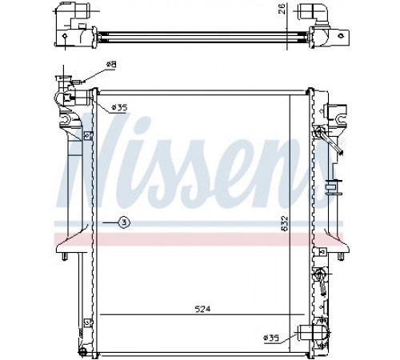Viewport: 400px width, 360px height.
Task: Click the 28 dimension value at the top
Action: (x=283, y=9)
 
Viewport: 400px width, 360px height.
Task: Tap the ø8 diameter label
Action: (x=111, y=65)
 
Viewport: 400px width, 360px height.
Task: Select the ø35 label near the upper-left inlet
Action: (x=119, y=107)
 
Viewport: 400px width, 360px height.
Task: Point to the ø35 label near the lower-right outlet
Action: (x=271, y=338)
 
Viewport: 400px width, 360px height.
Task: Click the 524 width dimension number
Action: (x=202, y=310)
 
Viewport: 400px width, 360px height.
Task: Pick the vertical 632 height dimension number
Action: (x=285, y=223)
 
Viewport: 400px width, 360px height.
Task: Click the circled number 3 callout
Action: (x=124, y=222)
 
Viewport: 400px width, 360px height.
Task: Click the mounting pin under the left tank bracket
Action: (x=64, y=256)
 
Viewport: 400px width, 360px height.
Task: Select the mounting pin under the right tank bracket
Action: (x=341, y=256)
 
